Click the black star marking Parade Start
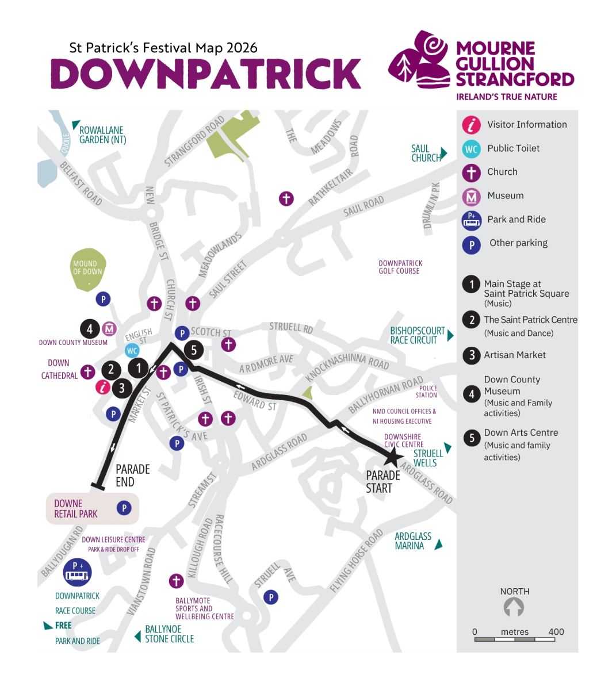pos(393,458)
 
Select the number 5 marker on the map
pos(194,350)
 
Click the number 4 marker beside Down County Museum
pos(90,329)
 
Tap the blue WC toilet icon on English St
pos(132,350)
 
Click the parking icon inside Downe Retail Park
pos(124,508)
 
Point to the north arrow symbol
pos(514,607)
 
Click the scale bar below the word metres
pos(514,639)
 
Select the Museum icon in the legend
pos(472,196)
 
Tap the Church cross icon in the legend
pos(472,172)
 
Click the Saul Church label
pos(426,153)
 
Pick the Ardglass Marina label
pos(412,541)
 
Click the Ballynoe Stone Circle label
pos(169,634)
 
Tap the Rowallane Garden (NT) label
pos(102,135)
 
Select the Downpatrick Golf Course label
pos(400,267)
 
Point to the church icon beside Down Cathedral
pos(87,371)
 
